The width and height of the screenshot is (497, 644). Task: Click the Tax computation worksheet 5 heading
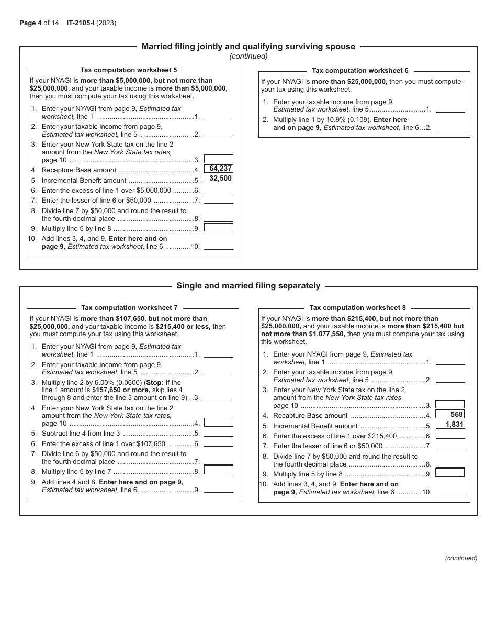pyautogui.click(x=129, y=70)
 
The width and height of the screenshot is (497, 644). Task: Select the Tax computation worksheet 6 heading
pyautogui.click(x=360, y=70)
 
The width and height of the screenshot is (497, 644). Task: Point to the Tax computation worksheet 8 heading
pyautogui.click(x=357, y=307)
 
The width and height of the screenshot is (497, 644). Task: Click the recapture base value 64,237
pyautogui.click(x=220, y=169)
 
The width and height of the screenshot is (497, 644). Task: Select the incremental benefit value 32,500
pyautogui.click(x=220, y=179)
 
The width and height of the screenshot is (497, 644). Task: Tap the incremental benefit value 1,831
pyautogui.click(x=454, y=425)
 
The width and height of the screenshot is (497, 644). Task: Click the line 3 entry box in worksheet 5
pyautogui.click(x=218, y=159)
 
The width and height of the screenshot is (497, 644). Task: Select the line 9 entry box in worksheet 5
pyautogui.click(x=218, y=227)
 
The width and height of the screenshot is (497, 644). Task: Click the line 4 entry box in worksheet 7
pyautogui.click(x=218, y=423)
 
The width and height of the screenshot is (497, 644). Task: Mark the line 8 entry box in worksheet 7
pyautogui.click(x=218, y=470)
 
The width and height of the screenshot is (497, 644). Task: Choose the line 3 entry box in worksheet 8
pyautogui.click(x=450, y=404)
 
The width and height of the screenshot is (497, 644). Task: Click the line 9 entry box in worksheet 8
pyautogui.click(x=450, y=472)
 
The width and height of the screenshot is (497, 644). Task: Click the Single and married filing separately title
pyautogui.click(x=248, y=286)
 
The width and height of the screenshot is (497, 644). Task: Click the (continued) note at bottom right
pyautogui.click(x=461, y=558)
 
